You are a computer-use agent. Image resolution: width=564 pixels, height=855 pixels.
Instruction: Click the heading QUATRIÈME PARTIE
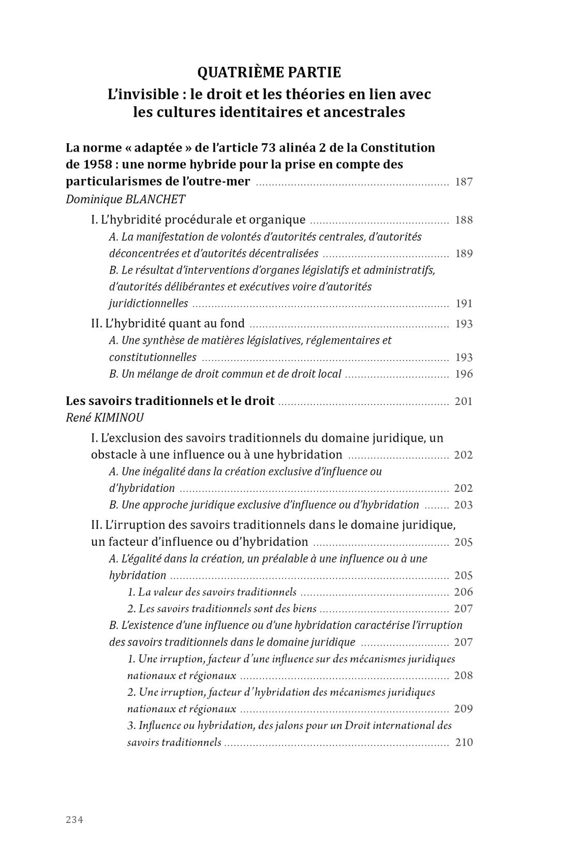coord(269,72)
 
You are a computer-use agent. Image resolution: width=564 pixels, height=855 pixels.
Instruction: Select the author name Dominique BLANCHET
coord(125,199)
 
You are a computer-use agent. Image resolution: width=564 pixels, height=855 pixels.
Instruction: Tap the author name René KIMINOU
coord(105,417)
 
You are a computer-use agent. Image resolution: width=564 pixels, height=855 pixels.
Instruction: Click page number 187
coord(464,182)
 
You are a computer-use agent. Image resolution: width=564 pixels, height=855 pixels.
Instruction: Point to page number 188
coord(464,220)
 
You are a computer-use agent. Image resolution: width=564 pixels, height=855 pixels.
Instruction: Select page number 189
coord(464,253)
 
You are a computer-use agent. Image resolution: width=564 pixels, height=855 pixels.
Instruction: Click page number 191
coord(464,304)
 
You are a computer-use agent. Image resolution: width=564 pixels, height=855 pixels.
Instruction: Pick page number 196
coord(464,374)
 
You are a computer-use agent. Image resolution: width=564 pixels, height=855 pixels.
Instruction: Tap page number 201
coord(464,401)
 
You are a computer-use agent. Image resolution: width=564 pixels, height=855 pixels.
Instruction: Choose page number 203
coord(464,505)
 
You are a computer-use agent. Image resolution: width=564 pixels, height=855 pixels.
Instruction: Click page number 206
coord(464,592)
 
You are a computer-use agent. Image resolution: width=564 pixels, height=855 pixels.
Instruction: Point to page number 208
coord(464,676)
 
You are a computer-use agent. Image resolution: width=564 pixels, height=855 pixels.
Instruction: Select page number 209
coord(464,709)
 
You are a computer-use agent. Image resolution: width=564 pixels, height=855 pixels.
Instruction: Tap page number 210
coord(464,743)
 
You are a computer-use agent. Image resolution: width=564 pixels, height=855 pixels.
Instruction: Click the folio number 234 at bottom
coord(75,820)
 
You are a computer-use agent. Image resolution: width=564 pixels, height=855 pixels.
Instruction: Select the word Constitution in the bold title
coord(398,148)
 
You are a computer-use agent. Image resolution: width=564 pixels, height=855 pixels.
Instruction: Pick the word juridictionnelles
coord(149,304)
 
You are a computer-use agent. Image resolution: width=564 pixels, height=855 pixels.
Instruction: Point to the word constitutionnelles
coord(153,357)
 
